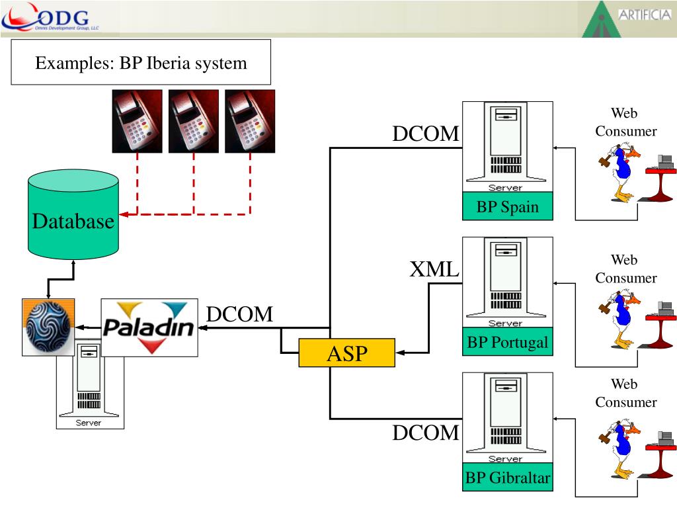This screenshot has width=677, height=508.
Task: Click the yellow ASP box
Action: (346, 353)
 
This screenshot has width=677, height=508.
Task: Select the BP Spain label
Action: (507, 207)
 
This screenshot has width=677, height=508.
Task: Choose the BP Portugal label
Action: (507, 343)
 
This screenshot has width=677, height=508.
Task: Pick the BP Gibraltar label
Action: (507, 478)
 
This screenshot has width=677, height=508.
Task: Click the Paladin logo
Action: (149, 327)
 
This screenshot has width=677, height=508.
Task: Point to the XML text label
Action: (434, 270)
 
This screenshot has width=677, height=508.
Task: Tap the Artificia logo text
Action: (644, 15)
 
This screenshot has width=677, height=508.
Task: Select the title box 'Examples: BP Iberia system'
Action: (141, 63)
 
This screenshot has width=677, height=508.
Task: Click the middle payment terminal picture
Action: (194, 121)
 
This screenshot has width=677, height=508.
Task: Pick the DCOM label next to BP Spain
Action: (426, 134)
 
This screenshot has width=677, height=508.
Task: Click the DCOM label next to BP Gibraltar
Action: (426, 433)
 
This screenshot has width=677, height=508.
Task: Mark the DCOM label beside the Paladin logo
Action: (239, 315)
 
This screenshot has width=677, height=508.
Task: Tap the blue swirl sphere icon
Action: (48, 327)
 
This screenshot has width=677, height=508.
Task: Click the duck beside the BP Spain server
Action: (620, 173)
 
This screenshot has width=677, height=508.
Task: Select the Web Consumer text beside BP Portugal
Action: (625, 269)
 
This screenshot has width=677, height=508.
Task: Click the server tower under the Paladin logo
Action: (89, 390)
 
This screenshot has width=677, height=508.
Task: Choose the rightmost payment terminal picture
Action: (250, 121)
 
